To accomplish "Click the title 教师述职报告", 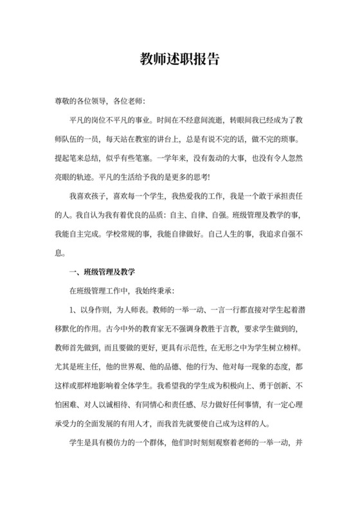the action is coord(180,59).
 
